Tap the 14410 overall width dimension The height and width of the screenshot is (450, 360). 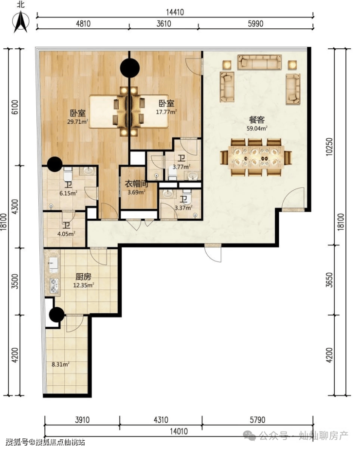[175, 12]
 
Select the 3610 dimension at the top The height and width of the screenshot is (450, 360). [163, 23]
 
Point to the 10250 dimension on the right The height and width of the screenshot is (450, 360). [329, 147]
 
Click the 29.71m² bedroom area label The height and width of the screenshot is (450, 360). [77, 122]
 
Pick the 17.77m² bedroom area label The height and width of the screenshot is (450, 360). [166, 112]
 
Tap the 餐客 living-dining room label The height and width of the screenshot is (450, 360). [256, 120]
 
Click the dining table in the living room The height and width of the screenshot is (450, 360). [256, 157]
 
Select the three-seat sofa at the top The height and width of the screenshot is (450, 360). [259, 62]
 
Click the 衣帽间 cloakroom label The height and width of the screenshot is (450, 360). [136, 184]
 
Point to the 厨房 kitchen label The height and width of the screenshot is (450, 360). [83, 277]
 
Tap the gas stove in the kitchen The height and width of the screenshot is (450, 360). [54, 285]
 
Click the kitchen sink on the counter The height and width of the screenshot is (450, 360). [54, 264]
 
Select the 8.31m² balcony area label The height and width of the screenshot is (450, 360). [60, 364]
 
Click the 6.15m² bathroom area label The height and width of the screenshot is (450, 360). [68, 193]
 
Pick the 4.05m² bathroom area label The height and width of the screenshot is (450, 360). [66, 234]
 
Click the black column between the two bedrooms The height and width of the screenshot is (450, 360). [130, 68]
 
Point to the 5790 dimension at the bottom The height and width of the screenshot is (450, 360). [257, 420]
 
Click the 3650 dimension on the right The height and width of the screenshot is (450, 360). [329, 280]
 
